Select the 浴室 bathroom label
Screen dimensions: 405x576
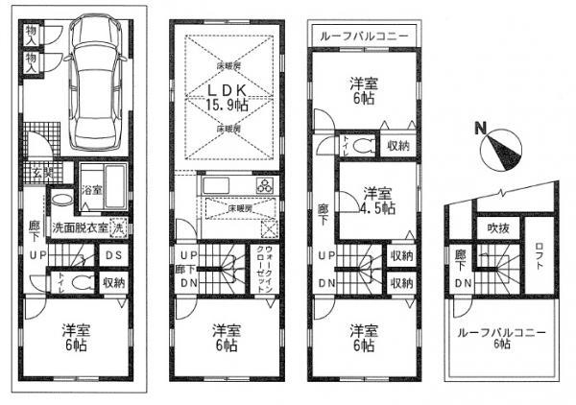pyautogui.click(x=92, y=190)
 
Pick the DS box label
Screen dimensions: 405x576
pyautogui.click(x=111, y=256)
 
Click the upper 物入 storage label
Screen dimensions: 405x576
pyautogui.click(x=33, y=32)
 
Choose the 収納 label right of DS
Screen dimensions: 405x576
pyautogui.click(x=112, y=282)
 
